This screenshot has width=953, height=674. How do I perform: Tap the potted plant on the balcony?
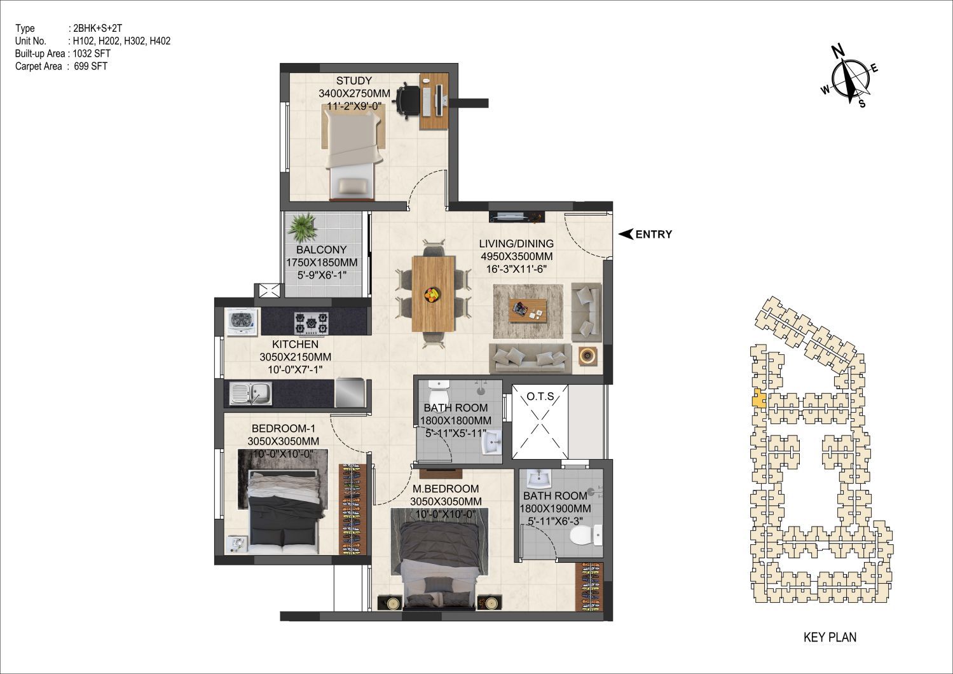pos(302,228)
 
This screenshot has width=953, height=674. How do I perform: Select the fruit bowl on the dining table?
pos(433,294)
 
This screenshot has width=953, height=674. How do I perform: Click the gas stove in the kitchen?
pos(311,323)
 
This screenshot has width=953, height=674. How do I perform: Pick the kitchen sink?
pos(250,394)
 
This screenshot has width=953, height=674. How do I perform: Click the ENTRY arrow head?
pos(626,234)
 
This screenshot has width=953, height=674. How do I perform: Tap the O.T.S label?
pos(540,397)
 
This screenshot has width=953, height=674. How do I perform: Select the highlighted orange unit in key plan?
pos(758,400)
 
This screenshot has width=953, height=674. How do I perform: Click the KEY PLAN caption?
pos(830,637)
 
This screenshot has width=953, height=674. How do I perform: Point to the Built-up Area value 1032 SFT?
pos(92,53)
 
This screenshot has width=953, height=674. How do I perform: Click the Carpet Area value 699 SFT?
pos(91,66)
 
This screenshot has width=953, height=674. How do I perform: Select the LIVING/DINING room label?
pos(516,244)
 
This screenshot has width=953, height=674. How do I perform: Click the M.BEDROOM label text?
pos(446,488)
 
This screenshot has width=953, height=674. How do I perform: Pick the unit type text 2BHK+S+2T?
pos(98,29)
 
